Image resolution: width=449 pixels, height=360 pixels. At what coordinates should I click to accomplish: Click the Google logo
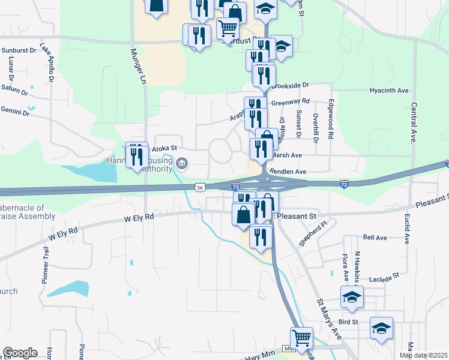coord(20,353)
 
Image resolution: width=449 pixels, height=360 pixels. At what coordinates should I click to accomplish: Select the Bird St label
coord(348,322)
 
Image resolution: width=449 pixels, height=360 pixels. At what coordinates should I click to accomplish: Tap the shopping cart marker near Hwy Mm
coord(301,338)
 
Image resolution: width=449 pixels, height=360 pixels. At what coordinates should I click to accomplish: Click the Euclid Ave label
coord(407,229)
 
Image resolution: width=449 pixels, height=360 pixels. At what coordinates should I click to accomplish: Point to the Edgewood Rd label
coord(330,119)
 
